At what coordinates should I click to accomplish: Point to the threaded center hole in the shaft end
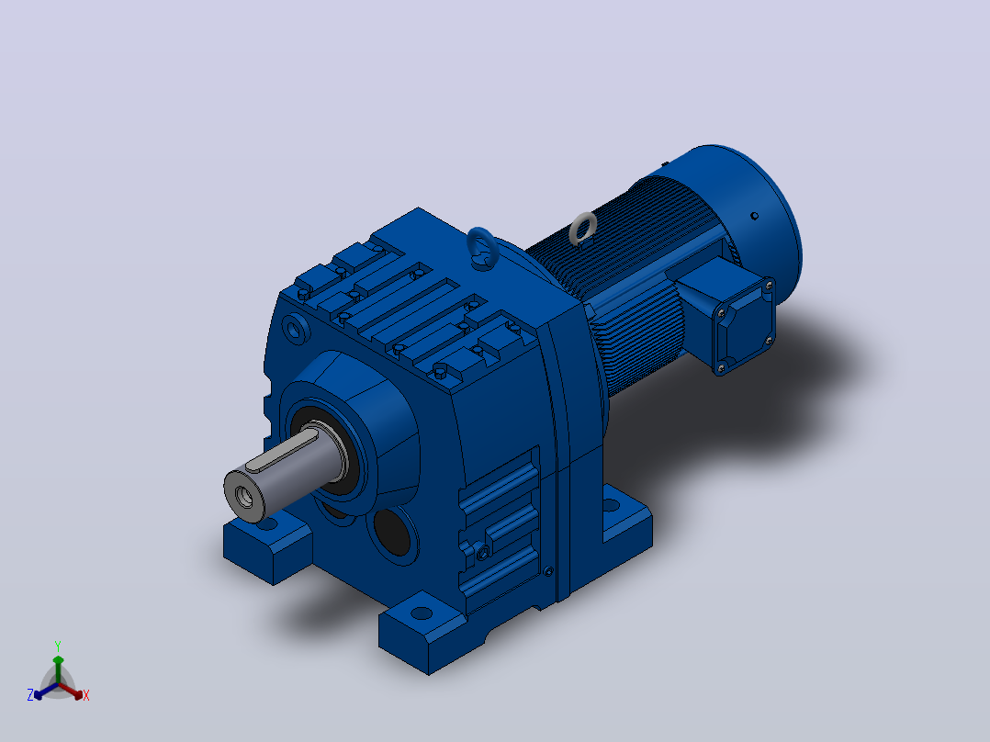click(243, 497)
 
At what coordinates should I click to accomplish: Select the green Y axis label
click(58, 646)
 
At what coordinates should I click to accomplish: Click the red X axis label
click(86, 695)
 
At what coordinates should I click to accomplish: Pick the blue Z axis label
click(30, 695)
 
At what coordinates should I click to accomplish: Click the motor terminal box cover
click(745, 326)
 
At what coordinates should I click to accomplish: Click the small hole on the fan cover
click(754, 216)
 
